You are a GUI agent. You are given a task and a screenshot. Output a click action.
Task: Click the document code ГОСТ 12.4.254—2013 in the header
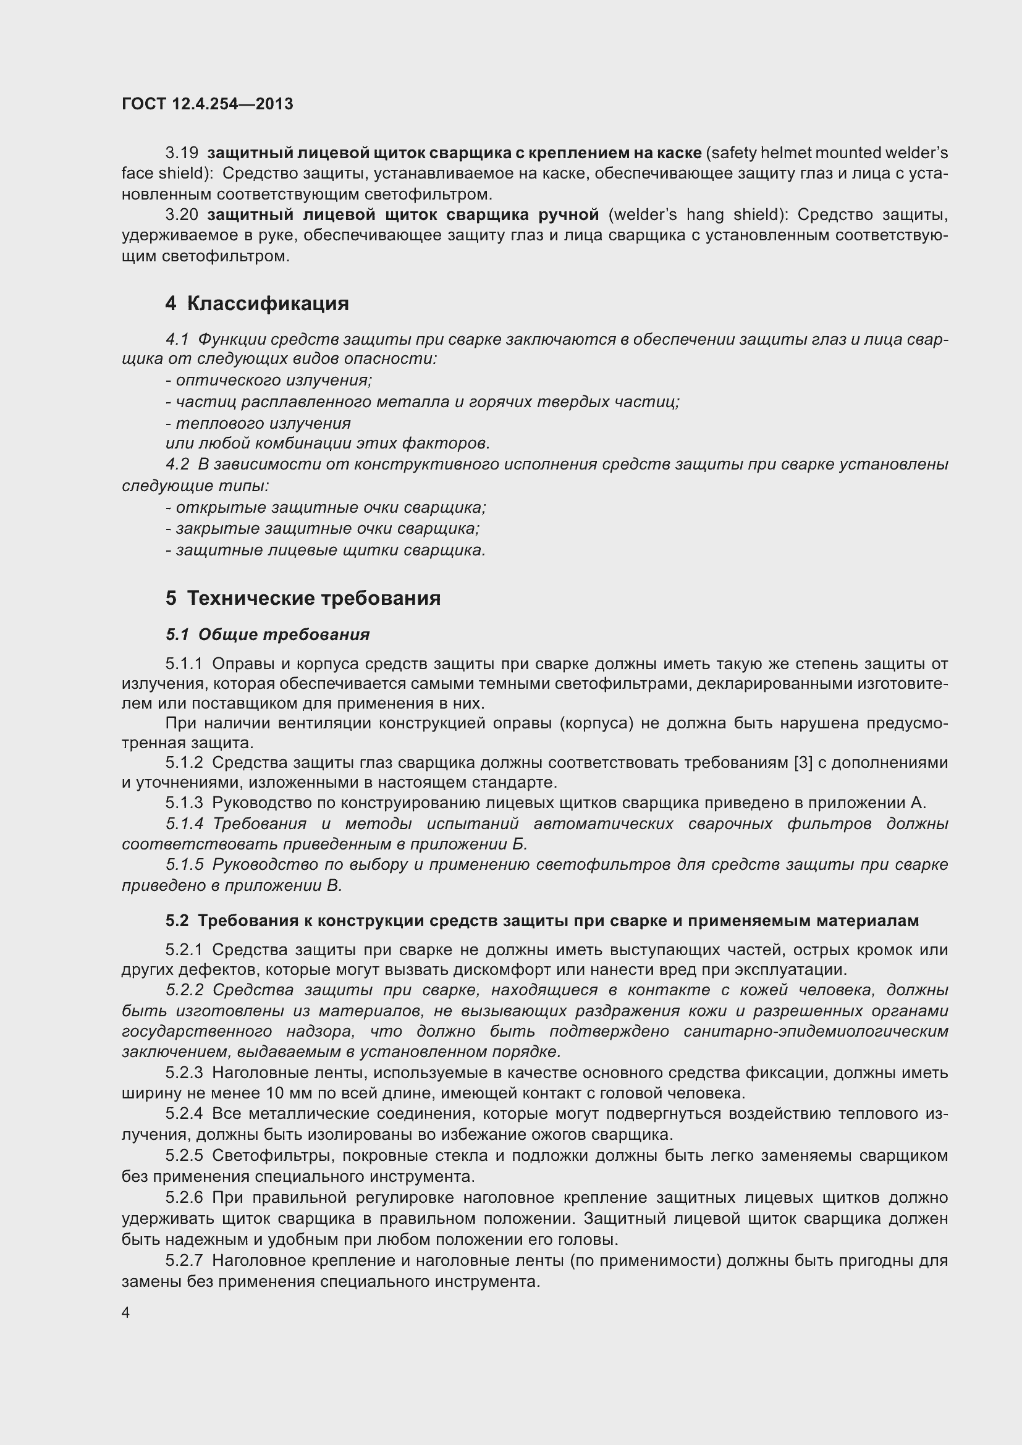tap(207, 104)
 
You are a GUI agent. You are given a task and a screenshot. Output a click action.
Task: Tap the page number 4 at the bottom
tap(126, 1313)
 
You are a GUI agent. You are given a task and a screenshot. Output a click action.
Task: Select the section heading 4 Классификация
tap(257, 303)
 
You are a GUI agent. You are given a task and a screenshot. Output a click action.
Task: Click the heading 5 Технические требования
tap(303, 598)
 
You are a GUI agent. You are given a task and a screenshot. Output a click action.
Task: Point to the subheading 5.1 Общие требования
tap(268, 634)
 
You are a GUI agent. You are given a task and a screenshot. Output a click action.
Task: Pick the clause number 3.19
tap(182, 153)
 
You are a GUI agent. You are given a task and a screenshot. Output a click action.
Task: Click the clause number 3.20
tap(182, 215)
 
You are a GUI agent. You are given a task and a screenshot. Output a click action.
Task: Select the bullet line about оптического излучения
tap(269, 380)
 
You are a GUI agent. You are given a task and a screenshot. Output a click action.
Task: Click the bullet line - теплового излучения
tap(258, 423)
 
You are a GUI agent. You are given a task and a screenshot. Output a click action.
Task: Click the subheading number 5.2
tap(177, 921)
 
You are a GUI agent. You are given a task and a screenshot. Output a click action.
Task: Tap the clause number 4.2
tap(177, 465)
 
